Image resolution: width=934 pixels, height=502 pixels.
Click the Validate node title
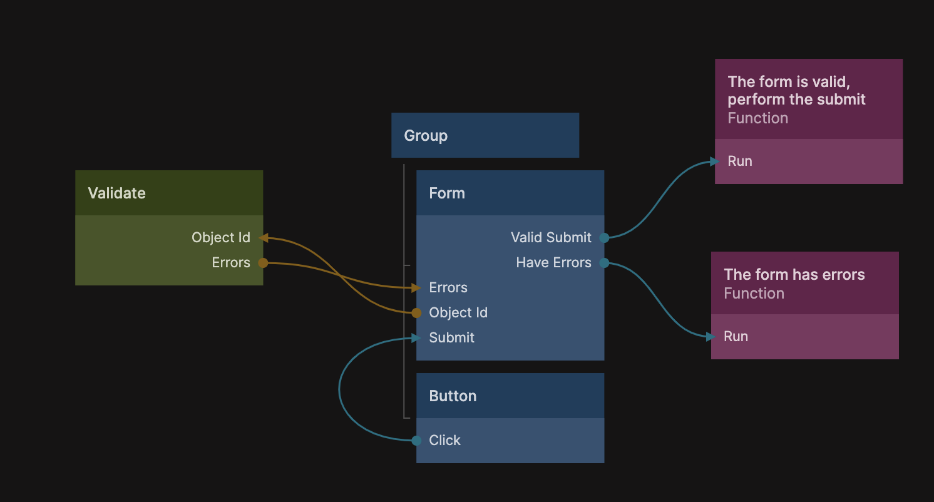[x=117, y=193]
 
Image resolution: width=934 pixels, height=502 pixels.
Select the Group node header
[x=426, y=135]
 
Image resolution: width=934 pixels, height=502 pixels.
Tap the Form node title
[x=447, y=193]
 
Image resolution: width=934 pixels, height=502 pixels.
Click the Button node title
[x=453, y=396]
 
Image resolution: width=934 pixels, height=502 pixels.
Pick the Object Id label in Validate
[x=221, y=237]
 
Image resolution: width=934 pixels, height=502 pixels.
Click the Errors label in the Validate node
[x=231, y=262]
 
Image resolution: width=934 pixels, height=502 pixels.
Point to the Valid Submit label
[x=551, y=237]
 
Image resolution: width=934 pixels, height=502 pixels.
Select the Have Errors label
[x=553, y=262]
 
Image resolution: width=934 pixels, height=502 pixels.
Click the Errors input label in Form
[x=448, y=287]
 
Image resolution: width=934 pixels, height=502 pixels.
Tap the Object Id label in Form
[x=458, y=312]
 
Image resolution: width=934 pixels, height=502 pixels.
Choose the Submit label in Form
[x=451, y=337]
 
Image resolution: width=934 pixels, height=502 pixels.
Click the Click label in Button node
[x=444, y=440]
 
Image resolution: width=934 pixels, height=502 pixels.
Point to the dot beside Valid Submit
[x=604, y=237]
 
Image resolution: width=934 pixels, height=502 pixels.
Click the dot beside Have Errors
[x=604, y=263]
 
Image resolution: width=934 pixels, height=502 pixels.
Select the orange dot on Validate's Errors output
[x=263, y=263]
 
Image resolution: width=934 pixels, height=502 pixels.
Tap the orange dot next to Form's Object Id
[x=416, y=313]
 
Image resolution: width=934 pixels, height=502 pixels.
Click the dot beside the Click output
[x=416, y=441]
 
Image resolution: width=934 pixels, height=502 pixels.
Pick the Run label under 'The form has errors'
[x=736, y=336]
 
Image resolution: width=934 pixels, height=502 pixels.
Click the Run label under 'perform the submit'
[x=739, y=161]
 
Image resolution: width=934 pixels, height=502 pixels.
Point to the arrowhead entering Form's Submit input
[x=416, y=338]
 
